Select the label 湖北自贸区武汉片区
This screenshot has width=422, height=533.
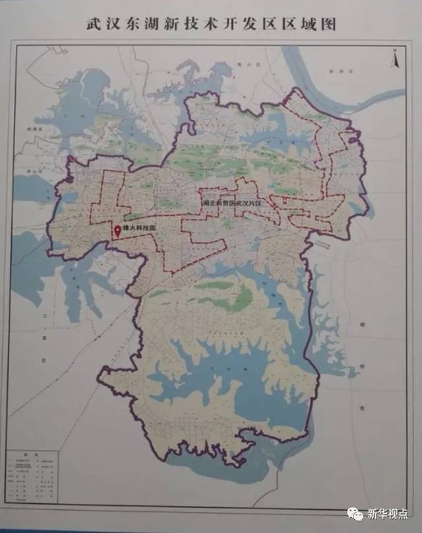pyautogui.click(x=232, y=204)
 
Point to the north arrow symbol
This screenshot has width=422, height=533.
pyautogui.click(x=394, y=59)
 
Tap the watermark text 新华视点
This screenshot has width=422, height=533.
pyautogui.click(x=388, y=513)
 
